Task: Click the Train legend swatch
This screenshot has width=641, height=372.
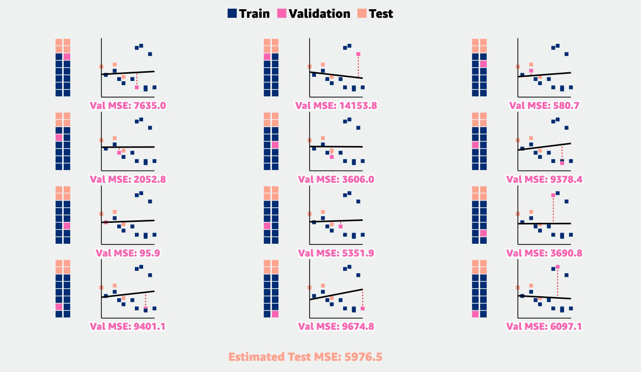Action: click(x=232, y=14)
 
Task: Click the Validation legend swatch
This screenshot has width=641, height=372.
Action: click(x=282, y=14)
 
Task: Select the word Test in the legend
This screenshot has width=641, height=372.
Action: click(x=381, y=14)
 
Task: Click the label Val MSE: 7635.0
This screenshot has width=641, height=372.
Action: click(x=128, y=106)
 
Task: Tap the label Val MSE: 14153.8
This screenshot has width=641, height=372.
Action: click(x=336, y=106)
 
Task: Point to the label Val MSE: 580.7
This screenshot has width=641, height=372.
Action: click(x=544, y=106)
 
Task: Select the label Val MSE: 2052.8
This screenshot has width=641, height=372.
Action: click(x=128, y=179)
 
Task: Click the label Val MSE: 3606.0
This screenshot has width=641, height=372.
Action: click(x=336, y=179)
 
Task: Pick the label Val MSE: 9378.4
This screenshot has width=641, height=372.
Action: click(x=544, y=179)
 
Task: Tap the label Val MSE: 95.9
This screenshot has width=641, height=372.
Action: click(x=128, y=253)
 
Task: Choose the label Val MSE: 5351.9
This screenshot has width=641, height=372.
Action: click(x=336, y=253)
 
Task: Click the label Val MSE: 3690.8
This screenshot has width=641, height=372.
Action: click(x=544, y=253)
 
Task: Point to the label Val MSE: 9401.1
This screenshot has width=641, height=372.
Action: click(x=128, y=326)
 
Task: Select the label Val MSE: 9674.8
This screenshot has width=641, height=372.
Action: click(x=336, y=326)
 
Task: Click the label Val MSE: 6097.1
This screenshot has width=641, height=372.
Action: click(x=544, y=326)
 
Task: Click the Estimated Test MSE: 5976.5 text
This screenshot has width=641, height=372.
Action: click(x=305, y=357)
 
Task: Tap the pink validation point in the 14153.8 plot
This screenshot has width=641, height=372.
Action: click(x=358, y=54)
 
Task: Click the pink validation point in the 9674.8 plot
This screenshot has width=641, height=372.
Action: click(x=363, y=308)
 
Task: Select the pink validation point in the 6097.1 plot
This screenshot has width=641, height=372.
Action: click(x=558, y=267)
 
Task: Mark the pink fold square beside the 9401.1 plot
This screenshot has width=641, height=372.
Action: click(x=59, y=307)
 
